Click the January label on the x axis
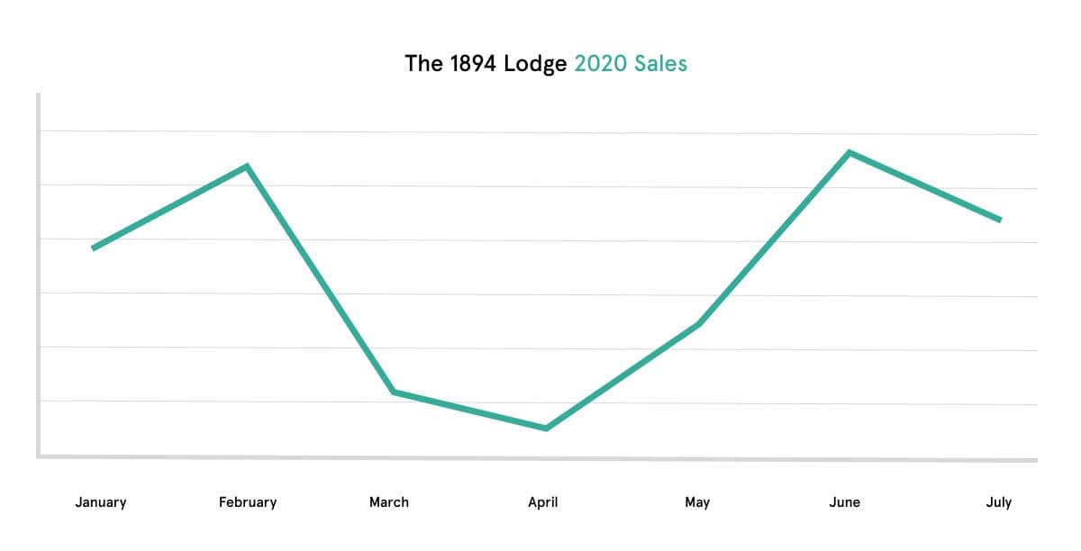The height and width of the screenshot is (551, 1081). [x=100, y=502]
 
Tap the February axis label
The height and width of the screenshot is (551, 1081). [x=248, y=502]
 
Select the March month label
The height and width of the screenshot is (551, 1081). [x=389, y=502]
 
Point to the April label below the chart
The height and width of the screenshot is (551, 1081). [x=543, y=502]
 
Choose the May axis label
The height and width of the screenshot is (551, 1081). [x=697, y=502]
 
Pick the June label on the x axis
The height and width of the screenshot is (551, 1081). [x=845, y=502]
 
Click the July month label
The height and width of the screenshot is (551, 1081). [x=999, y=502]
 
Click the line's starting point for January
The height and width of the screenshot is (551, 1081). [x=94, y=248]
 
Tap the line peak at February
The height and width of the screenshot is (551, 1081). [x=247, y=166]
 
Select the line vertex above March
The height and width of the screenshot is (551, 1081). [x=394, y=392]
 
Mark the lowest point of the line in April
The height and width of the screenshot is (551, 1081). [x=546, y=428]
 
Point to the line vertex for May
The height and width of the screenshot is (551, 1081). [x=699, y=323]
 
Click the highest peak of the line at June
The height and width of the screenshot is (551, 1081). [x=849, y=152]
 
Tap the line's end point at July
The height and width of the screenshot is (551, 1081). [x=1000, y=220]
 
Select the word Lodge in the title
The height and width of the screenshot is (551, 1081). [x=535, y=64]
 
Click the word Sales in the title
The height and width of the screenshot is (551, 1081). [x=659, y=64]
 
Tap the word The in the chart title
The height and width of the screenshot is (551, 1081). [x=422, y=64]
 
